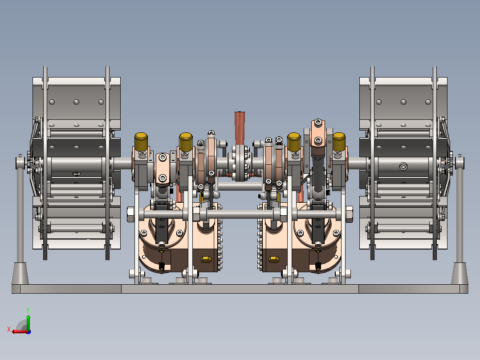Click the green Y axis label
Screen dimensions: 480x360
tap(28, 310)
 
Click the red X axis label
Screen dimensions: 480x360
tap(9, 330)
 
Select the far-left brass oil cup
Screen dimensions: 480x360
tap(141, 142)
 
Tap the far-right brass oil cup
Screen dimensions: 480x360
tap(339, 142)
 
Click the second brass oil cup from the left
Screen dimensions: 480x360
tap(186, 142)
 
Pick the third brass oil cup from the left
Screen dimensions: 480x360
tap(294, 142)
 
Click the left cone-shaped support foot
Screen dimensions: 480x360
tap(20, 273)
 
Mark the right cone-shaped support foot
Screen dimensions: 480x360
tap(460, 273)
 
